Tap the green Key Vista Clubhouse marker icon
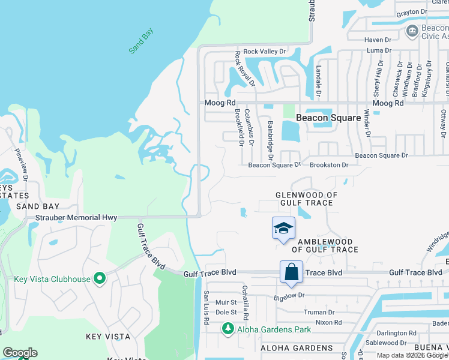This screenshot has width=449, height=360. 100,278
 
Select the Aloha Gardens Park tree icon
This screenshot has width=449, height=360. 228,329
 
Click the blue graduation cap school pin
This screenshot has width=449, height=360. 283,228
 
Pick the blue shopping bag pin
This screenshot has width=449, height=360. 291,272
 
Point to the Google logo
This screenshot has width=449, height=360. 20,353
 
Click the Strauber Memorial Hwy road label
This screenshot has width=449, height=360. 75,217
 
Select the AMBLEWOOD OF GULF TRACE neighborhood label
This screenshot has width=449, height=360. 322,245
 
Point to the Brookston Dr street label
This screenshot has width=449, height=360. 329,164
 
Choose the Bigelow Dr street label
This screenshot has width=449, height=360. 290,295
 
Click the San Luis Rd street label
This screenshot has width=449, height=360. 205,308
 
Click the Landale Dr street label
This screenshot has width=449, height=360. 319,80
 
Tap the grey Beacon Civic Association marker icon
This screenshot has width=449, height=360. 412,31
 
